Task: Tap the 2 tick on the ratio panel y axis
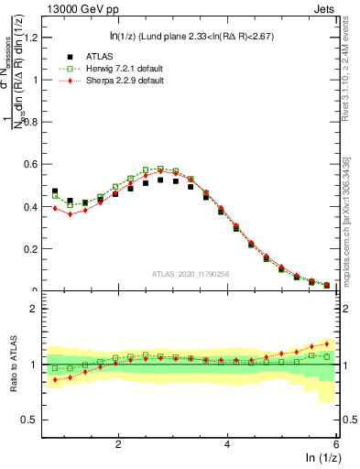[x=38, y=309]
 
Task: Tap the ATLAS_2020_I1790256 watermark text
[x=190, y=273]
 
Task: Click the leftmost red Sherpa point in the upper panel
[x=55, y=208]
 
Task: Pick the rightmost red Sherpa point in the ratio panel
[x=327, y=344]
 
